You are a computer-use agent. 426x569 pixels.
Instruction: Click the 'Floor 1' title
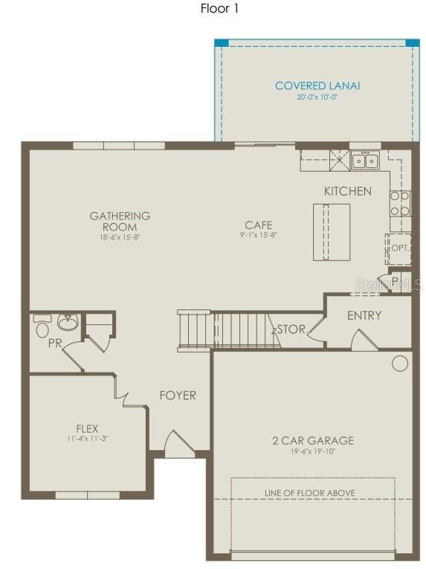(219, 9)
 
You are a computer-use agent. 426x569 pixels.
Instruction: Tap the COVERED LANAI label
(317, 86)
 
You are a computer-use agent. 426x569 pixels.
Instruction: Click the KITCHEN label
(347, 191)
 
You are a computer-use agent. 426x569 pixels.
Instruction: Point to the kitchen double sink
(365, 160)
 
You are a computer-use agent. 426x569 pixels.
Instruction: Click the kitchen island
(332, 231)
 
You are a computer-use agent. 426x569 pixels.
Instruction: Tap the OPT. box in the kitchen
(398, 248)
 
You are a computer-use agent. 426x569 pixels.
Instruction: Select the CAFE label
(259, 225)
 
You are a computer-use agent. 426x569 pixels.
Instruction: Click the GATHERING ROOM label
(120, 221)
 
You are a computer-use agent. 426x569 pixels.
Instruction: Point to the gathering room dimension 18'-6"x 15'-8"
(120, 237)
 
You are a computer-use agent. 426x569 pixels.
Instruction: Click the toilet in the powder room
(42, 327)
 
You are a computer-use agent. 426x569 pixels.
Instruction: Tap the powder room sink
(68, 323)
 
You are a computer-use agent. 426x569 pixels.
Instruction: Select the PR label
(54, 344)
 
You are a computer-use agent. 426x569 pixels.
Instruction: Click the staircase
(223, 330)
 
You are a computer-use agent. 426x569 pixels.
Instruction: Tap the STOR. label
(291, 329)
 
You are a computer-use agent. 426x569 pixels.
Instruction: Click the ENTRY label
(364, 315)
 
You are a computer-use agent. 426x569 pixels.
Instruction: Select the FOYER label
(178, 395)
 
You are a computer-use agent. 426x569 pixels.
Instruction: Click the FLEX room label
(87, 428)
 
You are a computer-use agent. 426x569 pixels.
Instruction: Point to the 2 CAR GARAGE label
(312, 440)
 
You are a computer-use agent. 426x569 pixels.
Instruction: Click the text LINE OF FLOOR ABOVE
(310, 492)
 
